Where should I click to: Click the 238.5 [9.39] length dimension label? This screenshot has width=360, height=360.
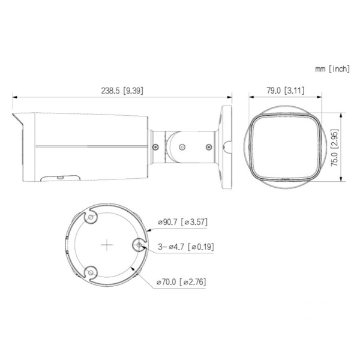pyautogui.click(x=122, y=91)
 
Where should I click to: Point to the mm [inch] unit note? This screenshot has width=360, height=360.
pyautogui.click(x=332, y=69)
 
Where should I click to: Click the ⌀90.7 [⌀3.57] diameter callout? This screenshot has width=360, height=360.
pyautogui.click(x=182, y=223)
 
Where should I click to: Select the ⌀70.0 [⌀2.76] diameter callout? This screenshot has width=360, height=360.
pyautogui.click(x=182, y=281)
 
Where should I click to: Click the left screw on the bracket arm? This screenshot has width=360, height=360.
pyautogui.click(x=155, y=146)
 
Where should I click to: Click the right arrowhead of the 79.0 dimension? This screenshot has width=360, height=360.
pyautogui.click(x=322, y=97)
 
